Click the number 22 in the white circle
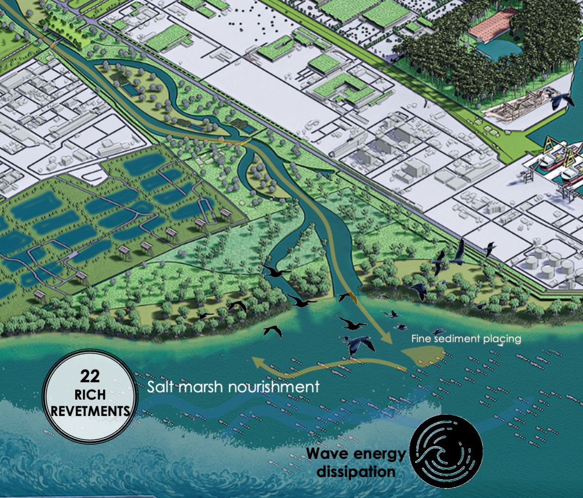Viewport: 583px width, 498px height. point(90,376)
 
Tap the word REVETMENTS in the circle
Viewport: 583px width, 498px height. point(90,411)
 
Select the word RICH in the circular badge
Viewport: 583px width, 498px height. point(90,394)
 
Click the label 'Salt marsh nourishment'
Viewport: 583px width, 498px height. point(233,387)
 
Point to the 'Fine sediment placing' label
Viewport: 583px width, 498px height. point(466,339)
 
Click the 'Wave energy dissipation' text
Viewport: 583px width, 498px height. point(356,462)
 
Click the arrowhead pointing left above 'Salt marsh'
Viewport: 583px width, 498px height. point(259,362)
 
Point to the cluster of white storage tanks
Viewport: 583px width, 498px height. point(546,264)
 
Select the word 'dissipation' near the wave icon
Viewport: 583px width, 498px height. point(356,472)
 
